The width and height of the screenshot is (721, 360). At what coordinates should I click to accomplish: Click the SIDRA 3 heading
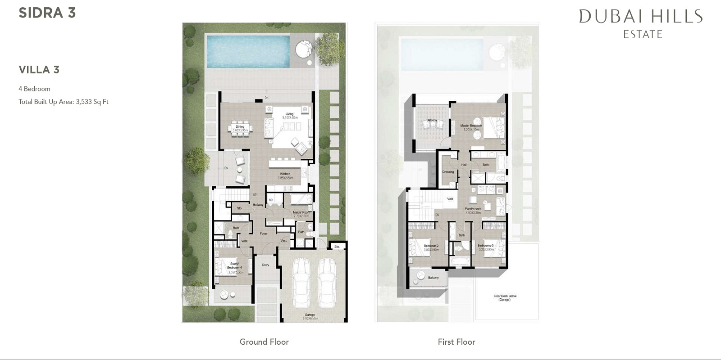(47, 13)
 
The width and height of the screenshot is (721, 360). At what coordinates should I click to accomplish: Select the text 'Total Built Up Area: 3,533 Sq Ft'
(64, 102)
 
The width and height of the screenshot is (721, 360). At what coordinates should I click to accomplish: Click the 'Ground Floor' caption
(264, 342)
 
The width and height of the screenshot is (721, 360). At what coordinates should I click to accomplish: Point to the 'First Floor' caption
(456, 342)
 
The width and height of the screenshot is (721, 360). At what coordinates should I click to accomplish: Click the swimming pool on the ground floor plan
(248, 51)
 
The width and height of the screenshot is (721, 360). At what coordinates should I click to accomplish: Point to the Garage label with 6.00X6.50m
(310, 316)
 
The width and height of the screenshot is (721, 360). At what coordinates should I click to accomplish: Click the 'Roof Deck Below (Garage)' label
(505, 298)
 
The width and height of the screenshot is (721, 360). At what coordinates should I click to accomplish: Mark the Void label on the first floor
(450, 198)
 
